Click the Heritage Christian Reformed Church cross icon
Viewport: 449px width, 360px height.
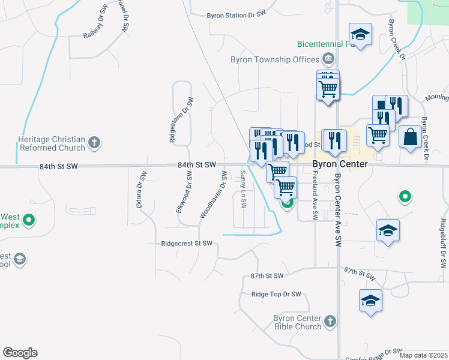coord(94,143)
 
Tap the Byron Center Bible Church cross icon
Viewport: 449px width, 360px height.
coord(330,322)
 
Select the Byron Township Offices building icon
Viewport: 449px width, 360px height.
coord(328,59)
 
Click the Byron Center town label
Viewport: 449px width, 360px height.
coord(340,164)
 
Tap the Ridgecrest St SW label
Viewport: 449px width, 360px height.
coord(187,244)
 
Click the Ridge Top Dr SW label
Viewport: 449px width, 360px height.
coord(276,295)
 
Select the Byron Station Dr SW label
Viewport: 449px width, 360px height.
coord(237,16)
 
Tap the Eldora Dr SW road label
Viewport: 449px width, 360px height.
coord(141,191)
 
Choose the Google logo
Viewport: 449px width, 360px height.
coord(20,353)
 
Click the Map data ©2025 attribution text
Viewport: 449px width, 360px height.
coord(423,356)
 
